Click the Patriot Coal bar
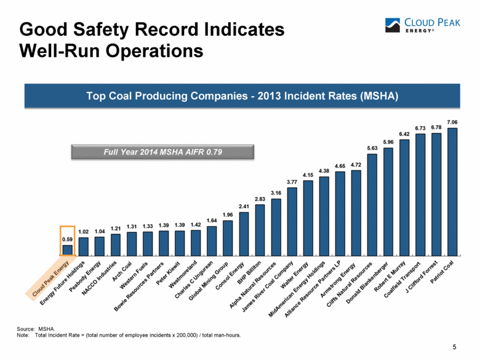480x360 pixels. [x=452, y=191]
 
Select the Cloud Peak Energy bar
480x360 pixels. [x=68, y=250]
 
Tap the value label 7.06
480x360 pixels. [x=452, y=122]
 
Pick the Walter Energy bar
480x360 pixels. [x=308, y=217]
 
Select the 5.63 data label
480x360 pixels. [x=372, y=148]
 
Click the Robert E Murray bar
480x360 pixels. [x=404, y=197]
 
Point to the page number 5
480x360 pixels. [x=454, y=348]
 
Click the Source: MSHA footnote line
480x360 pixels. [x=38, y=329]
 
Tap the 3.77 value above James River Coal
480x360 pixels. [x=292, y=182]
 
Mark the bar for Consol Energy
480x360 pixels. [x=244, y=233]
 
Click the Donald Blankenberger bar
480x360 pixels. [x=388, y=201]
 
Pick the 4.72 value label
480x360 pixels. [x=356, y=164]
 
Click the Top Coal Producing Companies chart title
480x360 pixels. [x=240, y=97]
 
